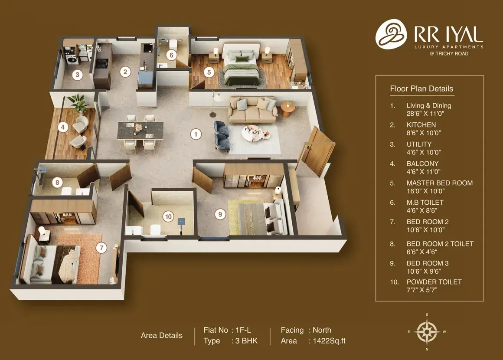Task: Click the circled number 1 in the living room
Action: pyautogui.click(x=196, y=134)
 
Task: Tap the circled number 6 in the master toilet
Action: pyautogui.click(x=171, y=55)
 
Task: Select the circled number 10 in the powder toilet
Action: pyautogui.click(x=168, y=216)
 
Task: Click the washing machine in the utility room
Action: pyautogui.click(x=72, y=59)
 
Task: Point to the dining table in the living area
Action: pyautogui.click(x=140, y=131)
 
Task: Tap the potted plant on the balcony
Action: pyautogui.click(x=78, y=103)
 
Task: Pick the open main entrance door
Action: pyautogui.click(x=316, y=151)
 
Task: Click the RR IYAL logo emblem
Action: pyautogui.click(x=391, y=34)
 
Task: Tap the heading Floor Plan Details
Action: pyautogui.click(x=421, y=88)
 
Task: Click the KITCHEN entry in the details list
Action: pyautogui.click(x=421, y=125)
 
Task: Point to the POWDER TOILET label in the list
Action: pyautogui.click(x=434, y=282)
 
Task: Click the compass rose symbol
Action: pyautogui.click(x=427, y=332)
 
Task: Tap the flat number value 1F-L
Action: pyautogui.click(x=243, y=330)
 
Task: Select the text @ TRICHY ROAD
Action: pyautogui.click(x=449, y=54)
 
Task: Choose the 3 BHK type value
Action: pyautogui.click(x=246, y=341)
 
